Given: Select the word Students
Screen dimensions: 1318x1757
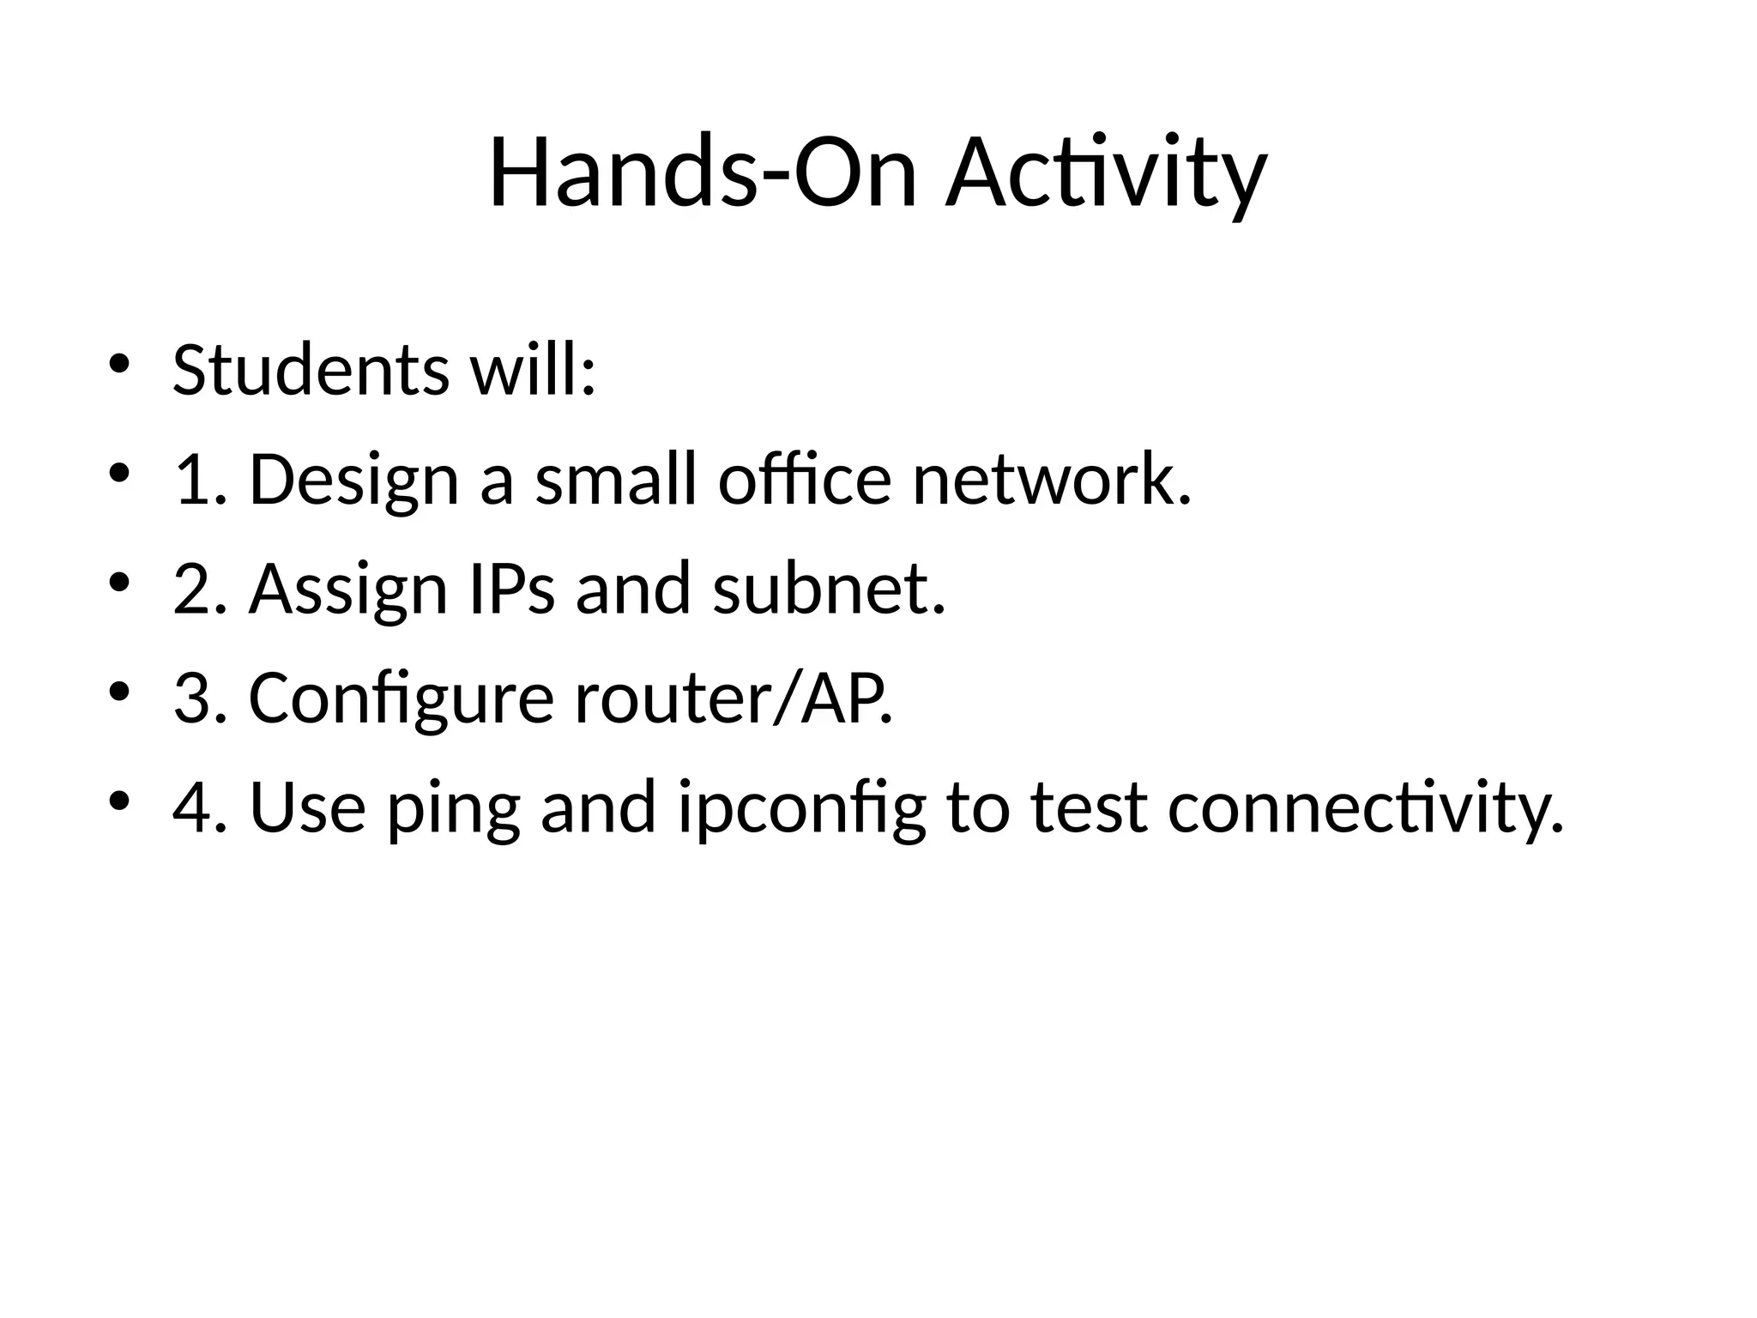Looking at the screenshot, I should (x=311, y=370).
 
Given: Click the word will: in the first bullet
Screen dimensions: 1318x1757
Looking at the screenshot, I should (x=533, y=370).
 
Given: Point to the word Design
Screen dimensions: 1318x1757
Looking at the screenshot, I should (x=353, y=481).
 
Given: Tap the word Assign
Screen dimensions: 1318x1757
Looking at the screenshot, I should (x=348, y=591).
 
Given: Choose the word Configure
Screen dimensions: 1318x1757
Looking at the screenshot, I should (x=402, y=700).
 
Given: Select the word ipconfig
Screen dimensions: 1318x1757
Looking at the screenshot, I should (x=802, y=810).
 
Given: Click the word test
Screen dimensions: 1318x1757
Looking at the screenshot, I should (x=1089, y=808).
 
